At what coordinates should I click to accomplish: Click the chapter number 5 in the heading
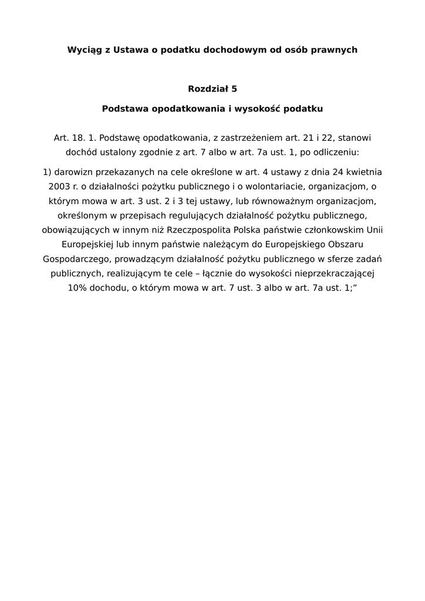pyautogui.click(x=234, y=89)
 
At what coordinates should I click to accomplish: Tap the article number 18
pyautogui.click(x=78, y=138)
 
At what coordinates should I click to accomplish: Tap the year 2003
pyautogui.click(x=60, y=187)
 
